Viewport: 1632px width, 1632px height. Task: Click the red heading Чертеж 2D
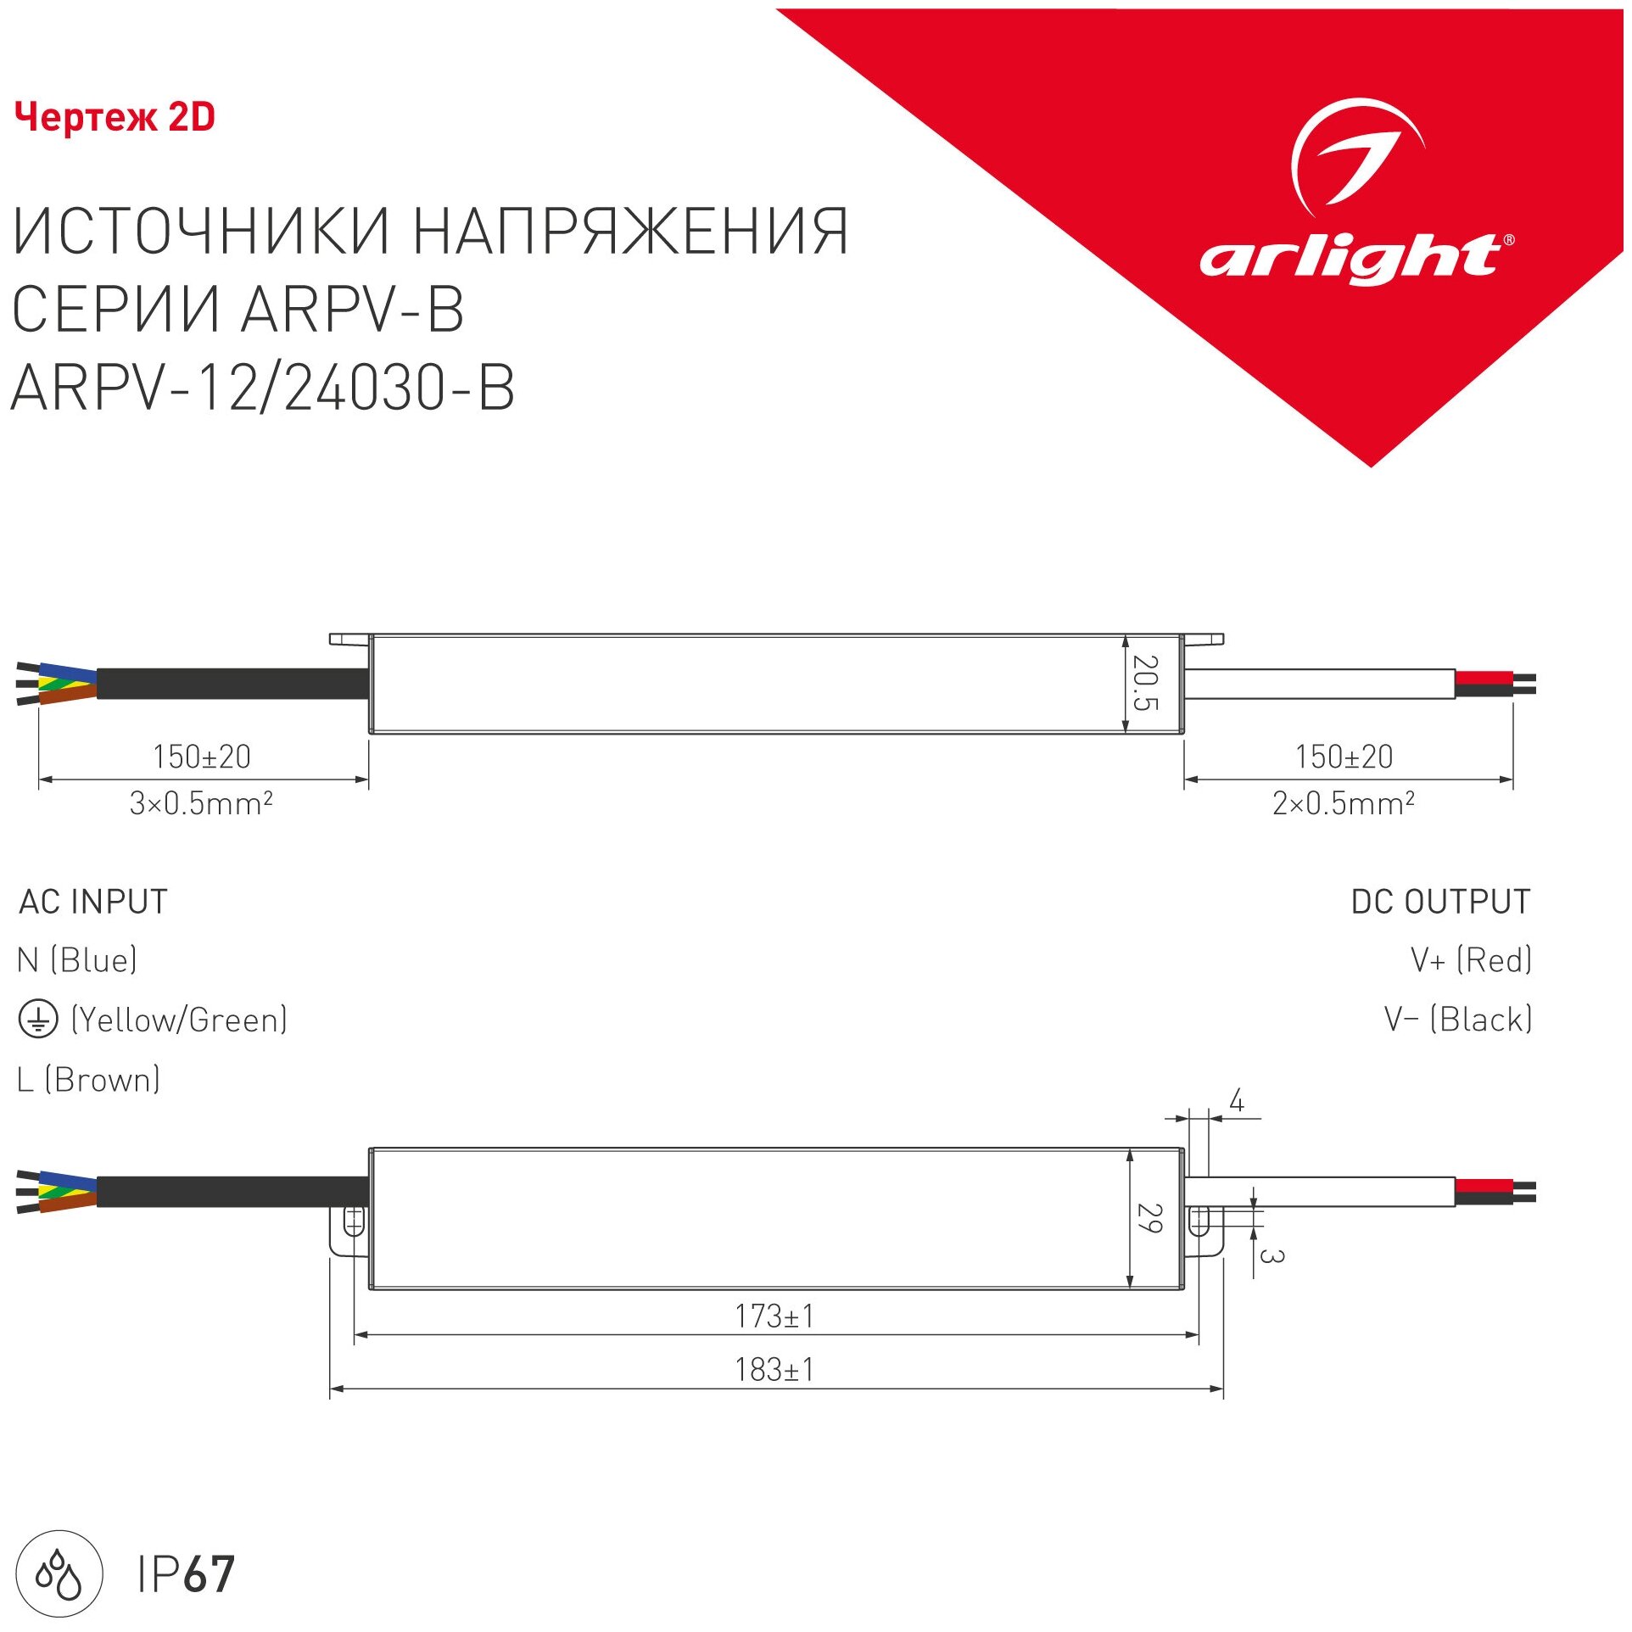pyautogui.click(x=115, y=117)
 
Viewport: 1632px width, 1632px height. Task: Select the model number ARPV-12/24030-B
pyautogui.click(x=262, y=388)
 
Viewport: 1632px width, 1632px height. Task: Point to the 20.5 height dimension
pyautogui.click(x=1146, y=682)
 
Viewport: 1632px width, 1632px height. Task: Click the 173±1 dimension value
pyautogui.click(x=774, y=1316)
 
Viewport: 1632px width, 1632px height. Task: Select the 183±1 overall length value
pyautogui.click(x=774, y=1370)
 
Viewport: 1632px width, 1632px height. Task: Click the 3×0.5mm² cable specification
pyautogui.click(x=201, y=803)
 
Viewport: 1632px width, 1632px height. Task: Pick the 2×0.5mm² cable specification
pyautogui.click(x=1343, y=803)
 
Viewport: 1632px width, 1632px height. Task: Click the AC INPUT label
pyautogui.click(x=93, y=902)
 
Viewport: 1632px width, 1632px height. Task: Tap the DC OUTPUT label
pyautogui.click(x=1440, y=902)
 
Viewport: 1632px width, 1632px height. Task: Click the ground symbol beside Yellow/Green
pyautogui.click(x=38, y=1020)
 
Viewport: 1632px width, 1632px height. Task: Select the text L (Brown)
pyautogui.click(x=88, y=1080)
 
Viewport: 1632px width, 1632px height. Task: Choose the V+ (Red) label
pyautogui.click(x=1471, y=960)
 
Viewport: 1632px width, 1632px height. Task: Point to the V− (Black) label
pyautogui.click(x=1457, y=1020)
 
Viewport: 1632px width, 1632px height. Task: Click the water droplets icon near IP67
pyautogui.click(x=59, y=1573)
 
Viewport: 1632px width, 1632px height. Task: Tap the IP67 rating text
pyautogui.click(x=186, y=1574)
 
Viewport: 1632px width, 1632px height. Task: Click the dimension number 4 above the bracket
pyautogui.click(x=1237, y=1102)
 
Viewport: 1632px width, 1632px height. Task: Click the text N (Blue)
pyautogui.click(x=77, y=960)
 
